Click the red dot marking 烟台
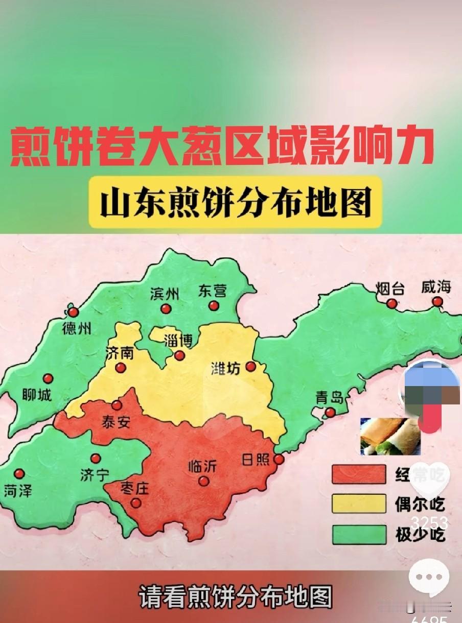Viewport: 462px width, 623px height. click(x=391, y=303)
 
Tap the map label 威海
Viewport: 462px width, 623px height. click(x=436, y=287)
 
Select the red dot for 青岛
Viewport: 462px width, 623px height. click(x=330, y=412)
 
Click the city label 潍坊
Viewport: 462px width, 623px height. click(x=225, y=369)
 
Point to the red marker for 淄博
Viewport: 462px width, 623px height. click(x=179, y=355)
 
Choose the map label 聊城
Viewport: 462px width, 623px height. click(x=37, y=394)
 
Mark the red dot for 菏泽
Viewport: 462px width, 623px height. click(x=19, y=474)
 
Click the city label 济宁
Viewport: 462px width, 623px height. click(x=95, y=475)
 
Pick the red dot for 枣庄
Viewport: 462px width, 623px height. click(x=136, y=502)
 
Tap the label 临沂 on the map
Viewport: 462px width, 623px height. click(x=203, y=466)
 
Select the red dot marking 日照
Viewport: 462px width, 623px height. click(x=279, y=460)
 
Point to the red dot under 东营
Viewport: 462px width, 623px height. click(x=214, y=306)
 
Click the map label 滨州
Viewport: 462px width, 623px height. click(x=165, y=294)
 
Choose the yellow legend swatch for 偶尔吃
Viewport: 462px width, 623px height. click(x=358, y=504)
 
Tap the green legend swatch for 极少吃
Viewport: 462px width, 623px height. click(x=358, y=534)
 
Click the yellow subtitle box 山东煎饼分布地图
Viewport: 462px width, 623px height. click(x=235, y=202)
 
